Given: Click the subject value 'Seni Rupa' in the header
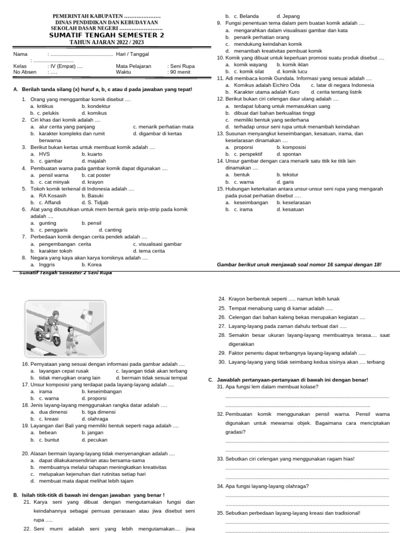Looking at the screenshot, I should [181, 67].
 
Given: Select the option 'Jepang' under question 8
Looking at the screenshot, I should [287, 17].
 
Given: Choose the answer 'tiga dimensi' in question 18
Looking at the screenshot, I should [98, 412].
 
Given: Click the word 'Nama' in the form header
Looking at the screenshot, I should [20, 54].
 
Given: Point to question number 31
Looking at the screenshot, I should [221, 387].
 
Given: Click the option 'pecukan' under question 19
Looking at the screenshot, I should [94, 440].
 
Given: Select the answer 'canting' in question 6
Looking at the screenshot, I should [110, 230].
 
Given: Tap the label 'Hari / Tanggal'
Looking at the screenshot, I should [132, 54].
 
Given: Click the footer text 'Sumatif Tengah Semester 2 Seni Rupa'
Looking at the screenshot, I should [65, 272].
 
